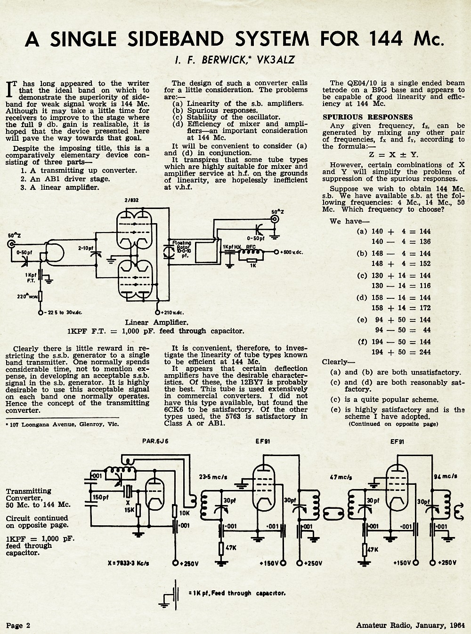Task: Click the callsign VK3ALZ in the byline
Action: click(276, 60)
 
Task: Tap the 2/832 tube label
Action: click(131, 200)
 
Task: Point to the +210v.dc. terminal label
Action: click(172, 313)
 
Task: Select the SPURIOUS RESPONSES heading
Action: click(368, 117)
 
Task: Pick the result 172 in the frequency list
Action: click(425, 308)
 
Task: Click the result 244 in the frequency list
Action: click(425, 352)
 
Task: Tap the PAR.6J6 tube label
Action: click(155, 441)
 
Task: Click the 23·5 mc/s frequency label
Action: click(213, 477)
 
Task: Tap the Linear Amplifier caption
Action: click(156, 322)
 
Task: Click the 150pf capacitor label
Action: click(100, 498)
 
